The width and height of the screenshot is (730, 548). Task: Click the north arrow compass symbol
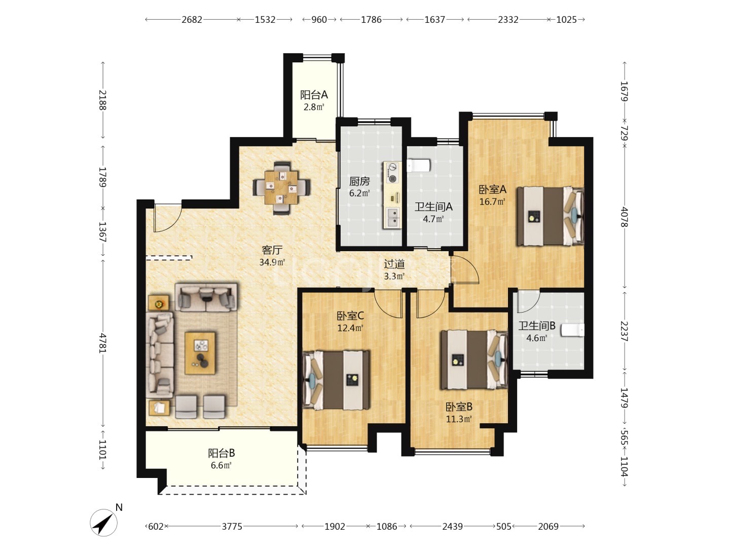(103, 522)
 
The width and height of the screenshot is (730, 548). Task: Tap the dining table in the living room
(281, 187)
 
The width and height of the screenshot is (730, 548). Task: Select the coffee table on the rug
(200, 353)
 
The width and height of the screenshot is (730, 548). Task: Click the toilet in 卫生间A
(418, 165)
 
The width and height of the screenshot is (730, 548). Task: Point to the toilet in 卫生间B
(572, 330)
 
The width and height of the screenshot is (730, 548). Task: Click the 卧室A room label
(492, 189)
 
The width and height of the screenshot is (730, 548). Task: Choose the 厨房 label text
(359, 181)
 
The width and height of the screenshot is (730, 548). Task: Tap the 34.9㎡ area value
(272, 262)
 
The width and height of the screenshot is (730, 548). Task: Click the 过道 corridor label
(394, 264)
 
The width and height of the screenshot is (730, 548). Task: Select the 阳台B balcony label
(222, 453)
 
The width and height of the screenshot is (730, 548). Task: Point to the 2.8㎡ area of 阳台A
(314, 107)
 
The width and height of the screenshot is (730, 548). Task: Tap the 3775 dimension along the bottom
(232, 526)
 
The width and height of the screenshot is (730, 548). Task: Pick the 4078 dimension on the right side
(624, 217)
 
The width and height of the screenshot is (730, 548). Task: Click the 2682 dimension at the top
(192, 20)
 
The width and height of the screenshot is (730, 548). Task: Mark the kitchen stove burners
(392, 173)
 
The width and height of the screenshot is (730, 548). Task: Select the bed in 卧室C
(336, 380)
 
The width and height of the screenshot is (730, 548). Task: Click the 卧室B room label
(459, 406)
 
